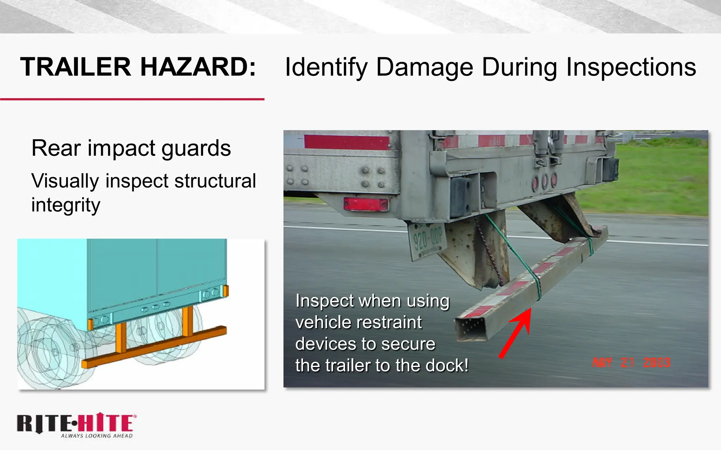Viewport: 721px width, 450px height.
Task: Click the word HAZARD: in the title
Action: click(198, 67)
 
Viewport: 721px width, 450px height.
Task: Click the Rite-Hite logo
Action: click(76, 424)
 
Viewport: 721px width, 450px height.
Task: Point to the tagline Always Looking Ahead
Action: click(97, 436)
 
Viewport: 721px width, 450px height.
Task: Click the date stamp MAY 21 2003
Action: click(631, 362)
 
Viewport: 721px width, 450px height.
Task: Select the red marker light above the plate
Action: click(365, 204)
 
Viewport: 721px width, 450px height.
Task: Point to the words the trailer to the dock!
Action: click(382, 366)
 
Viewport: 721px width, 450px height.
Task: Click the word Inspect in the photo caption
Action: click(324, 301)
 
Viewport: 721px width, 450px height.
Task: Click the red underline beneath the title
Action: click(132, 99)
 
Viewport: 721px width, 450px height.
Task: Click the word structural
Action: click(215, 181)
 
